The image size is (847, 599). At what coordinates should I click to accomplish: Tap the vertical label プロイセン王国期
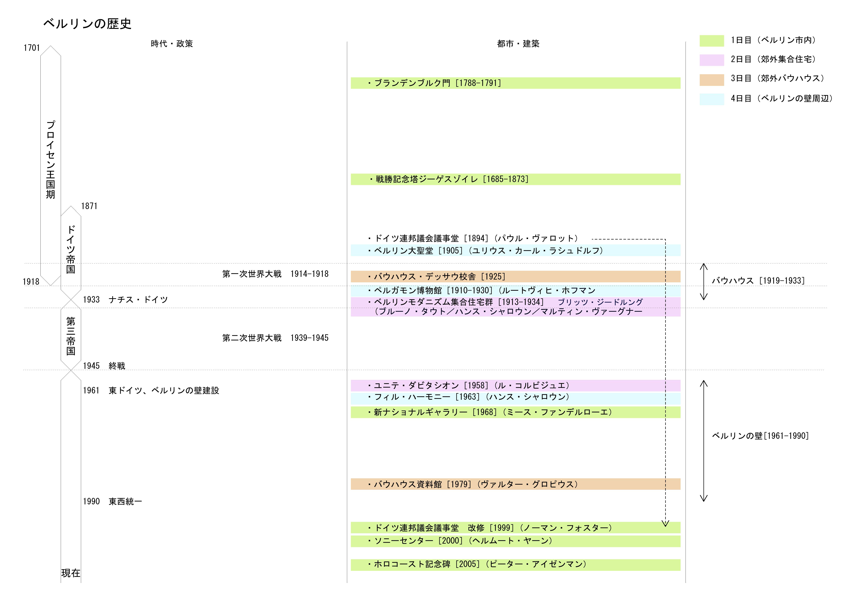[51, 159]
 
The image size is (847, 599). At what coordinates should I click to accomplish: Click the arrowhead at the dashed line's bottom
[665, 523]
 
